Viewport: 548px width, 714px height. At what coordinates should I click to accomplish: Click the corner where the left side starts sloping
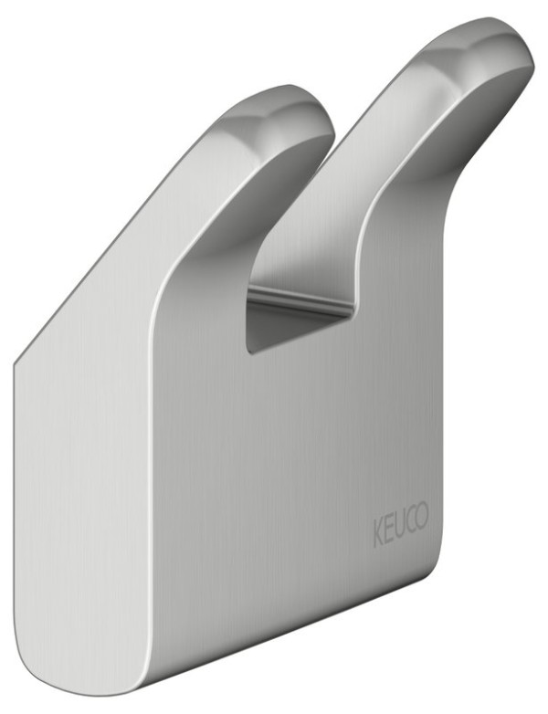click(x=16, y=362)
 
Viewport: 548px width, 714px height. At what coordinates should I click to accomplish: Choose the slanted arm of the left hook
click(x=183, y=210)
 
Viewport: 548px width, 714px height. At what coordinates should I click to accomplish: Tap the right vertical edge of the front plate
click(x=444, y=411)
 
